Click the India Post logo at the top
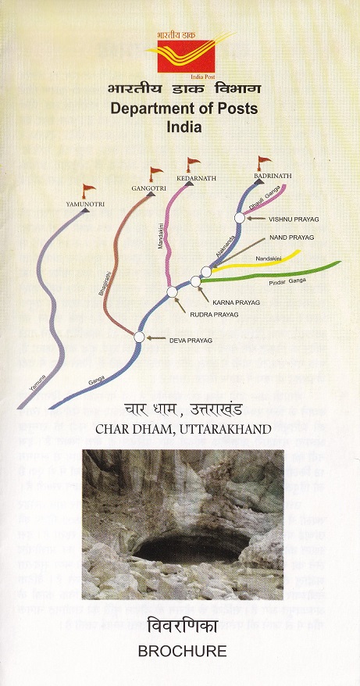tap(180, 55)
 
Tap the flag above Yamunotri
tap(88, 190)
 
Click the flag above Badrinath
tap(264, 163)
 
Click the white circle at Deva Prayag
tap(139, 337)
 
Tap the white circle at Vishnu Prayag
tap(240, 217)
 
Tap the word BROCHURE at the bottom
tap(180, 650)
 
